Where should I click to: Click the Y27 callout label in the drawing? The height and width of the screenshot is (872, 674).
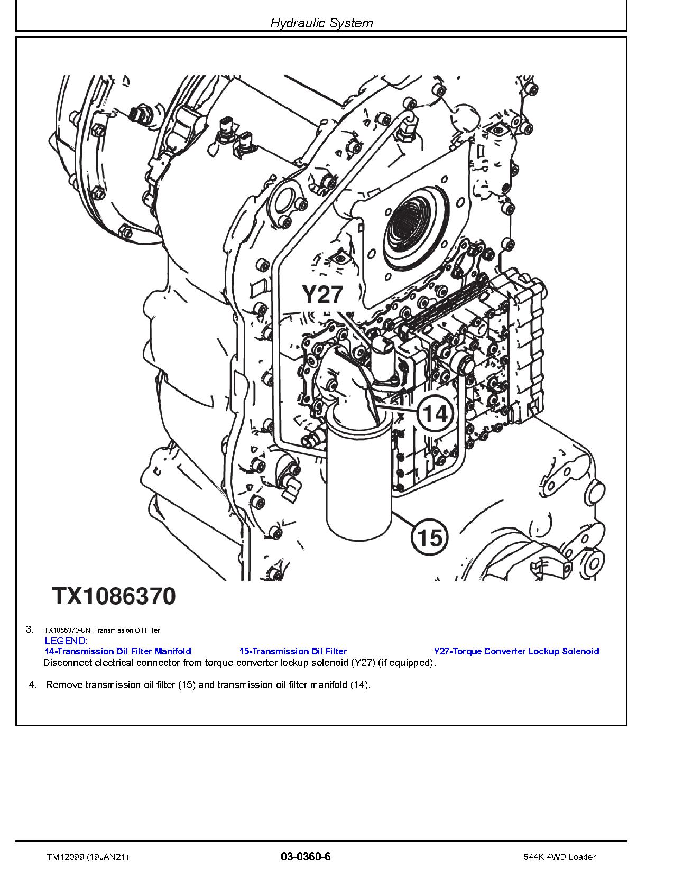click(x=322, y=294)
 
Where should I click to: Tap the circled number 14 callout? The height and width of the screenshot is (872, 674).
click(x=435, y=414)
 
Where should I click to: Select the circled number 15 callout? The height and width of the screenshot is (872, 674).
click(x=429, y=537)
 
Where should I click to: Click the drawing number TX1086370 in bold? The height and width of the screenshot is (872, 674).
click(x=113, y=596)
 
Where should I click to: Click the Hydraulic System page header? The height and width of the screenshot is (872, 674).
click(x=321, y=23)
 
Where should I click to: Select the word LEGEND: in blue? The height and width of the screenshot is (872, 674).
click(x=66, y=641)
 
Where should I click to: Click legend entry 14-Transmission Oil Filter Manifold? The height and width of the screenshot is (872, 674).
click(x=118, y=651)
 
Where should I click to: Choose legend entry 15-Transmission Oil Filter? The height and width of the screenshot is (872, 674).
click(x=293, y=651)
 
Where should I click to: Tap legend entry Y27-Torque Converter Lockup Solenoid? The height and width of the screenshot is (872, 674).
click(x=516, y=651)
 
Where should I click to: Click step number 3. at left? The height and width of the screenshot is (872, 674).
click(x=30, y=629)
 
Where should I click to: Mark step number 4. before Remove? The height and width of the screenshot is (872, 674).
click(x=33, y=685)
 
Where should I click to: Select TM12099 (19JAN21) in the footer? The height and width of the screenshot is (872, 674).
click(x=88, y=857)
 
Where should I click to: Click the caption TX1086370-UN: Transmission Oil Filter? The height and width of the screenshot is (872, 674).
click(x=102, y=630)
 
